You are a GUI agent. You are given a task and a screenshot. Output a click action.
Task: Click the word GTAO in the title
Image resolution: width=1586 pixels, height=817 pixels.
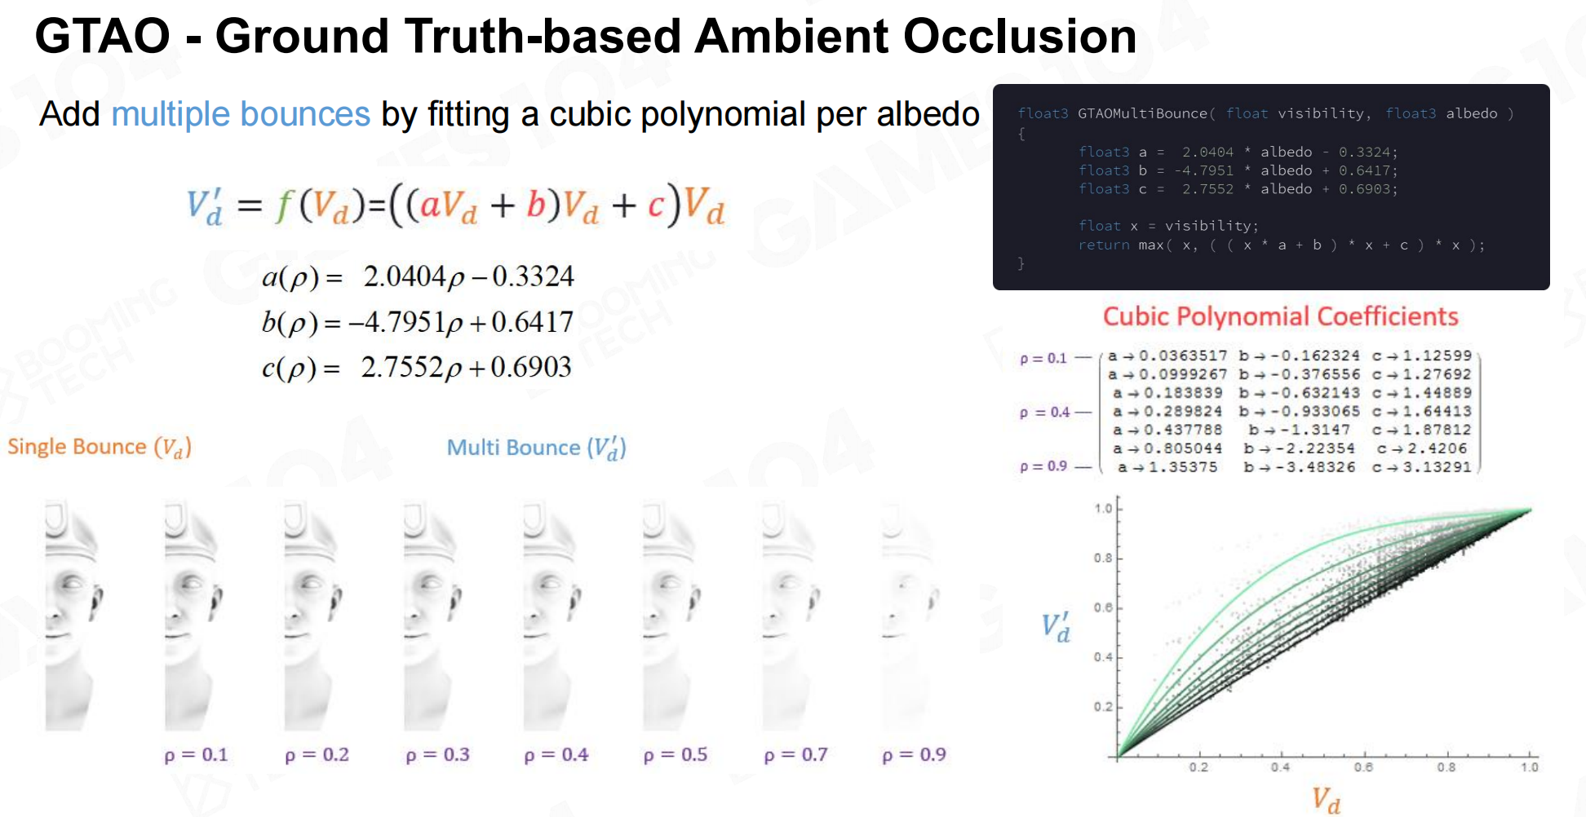[102, 37]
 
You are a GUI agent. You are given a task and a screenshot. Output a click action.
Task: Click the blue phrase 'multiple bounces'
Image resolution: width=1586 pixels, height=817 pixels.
[241, 114]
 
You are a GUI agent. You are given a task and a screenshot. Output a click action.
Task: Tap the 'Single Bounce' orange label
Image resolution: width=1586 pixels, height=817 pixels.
[77, 447]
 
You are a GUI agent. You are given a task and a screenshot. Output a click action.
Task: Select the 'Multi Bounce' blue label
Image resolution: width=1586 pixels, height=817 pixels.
[513, 448]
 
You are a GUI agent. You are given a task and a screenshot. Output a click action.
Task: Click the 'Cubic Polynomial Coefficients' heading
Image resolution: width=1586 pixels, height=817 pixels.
[1280, 316]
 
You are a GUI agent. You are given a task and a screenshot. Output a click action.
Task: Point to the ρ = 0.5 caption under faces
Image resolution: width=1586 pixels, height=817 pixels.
[676, 755]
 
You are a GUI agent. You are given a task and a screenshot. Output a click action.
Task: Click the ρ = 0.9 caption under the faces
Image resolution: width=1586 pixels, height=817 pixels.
[915, 755]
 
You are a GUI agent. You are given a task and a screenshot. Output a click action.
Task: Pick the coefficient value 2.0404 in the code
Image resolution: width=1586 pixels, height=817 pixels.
[1207, 152]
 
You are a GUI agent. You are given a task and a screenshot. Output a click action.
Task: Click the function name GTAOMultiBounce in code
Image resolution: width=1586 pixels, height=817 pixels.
[1142, 113]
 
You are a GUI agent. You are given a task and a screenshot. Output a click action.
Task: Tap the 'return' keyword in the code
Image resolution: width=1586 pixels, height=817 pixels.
[1104, 245]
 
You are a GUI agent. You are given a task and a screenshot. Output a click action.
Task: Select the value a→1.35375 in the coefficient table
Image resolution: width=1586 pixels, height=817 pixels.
[1167, 467]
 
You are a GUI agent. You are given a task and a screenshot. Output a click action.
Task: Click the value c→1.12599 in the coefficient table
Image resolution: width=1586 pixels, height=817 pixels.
[1422, 356]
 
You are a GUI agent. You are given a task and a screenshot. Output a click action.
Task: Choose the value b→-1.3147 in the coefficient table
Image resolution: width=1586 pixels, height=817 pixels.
[1299, 430]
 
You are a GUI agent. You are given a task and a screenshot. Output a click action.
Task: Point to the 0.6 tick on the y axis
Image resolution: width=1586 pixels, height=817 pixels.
[1103, 607]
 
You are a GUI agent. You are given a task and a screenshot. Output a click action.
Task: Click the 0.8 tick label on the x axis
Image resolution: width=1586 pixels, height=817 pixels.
[1446, 767]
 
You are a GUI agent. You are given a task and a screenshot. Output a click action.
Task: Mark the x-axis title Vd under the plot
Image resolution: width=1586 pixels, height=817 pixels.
[1326, 800]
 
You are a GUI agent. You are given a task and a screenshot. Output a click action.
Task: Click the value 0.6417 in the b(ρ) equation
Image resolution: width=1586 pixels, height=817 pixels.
[532, 322]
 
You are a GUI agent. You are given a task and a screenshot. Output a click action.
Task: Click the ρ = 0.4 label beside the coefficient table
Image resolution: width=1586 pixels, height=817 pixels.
[1044, 413]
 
